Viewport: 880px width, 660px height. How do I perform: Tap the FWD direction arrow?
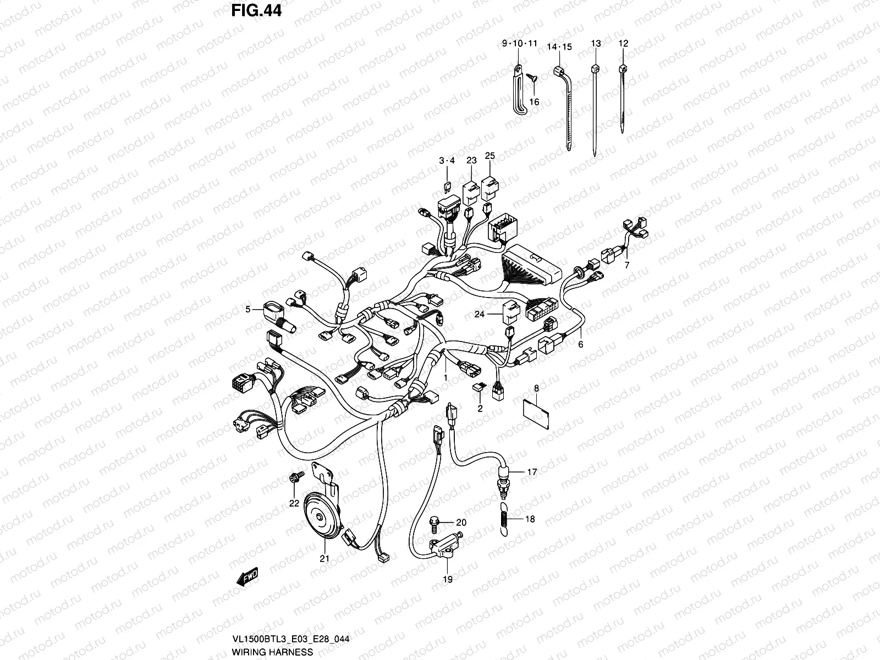tap(247, 577)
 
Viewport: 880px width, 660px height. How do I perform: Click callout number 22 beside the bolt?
tap(294, 503)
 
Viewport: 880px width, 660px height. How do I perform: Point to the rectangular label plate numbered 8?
tap(536, 413)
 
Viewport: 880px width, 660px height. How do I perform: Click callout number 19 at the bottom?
tap(447, 579)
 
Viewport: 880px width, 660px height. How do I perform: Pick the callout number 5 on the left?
tap(248, 310)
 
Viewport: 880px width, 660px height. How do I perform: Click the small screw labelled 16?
tap(533, 80)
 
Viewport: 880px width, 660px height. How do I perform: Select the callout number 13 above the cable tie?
tap(596, 43)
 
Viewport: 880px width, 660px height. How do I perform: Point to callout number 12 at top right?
tap(623, 43)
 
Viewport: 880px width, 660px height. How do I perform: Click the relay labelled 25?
tap(489, 188)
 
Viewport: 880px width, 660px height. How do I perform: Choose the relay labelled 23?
tap(471, 190)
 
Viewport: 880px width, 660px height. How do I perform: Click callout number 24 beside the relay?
tap(480, 315)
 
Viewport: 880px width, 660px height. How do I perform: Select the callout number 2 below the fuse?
tap(480, 408)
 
